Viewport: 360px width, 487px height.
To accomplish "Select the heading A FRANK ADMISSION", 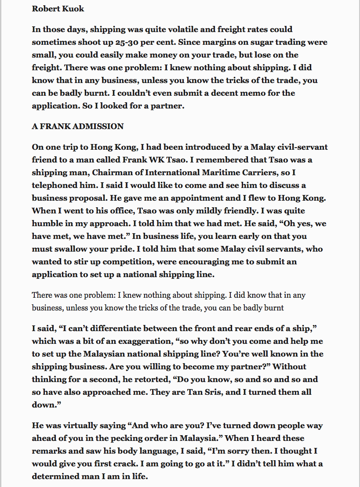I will [78, 126].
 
